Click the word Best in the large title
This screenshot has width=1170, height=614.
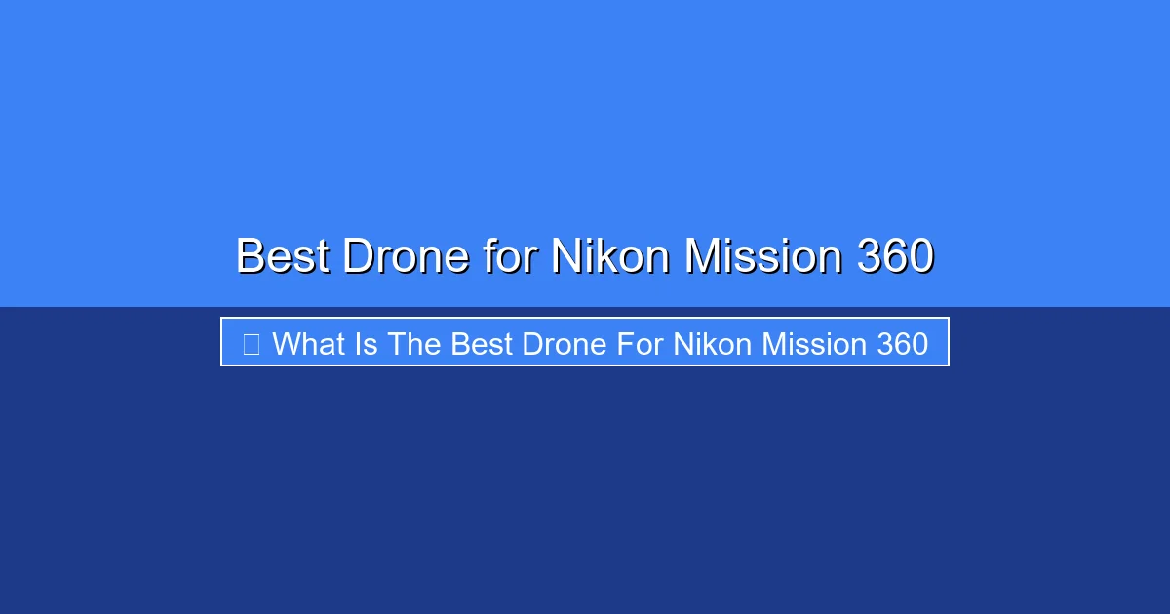coord(283,255)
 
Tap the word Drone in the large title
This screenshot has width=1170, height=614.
coord(406,255)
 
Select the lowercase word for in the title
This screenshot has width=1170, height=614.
coord(510,255)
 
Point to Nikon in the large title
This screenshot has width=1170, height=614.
coord(610,255)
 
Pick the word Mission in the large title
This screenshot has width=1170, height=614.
coord(763,255)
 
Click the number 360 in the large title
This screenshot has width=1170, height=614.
coord(895,255)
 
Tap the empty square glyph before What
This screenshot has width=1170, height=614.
coord(252,344)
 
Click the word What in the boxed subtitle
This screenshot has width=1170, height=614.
coord(309,344)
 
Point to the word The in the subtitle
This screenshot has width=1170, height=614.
coord(413,344)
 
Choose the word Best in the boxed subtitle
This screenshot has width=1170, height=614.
coord(482,344)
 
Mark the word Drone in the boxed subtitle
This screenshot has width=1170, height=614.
coord(565,344)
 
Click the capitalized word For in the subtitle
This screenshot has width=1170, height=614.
coord(640,344)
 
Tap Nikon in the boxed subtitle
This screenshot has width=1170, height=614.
coord(713,344)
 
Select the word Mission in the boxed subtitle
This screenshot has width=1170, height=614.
coord(814,344)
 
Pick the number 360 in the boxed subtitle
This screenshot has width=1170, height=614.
coord(903,344)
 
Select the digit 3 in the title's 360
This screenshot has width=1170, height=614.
coord(869,255)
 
